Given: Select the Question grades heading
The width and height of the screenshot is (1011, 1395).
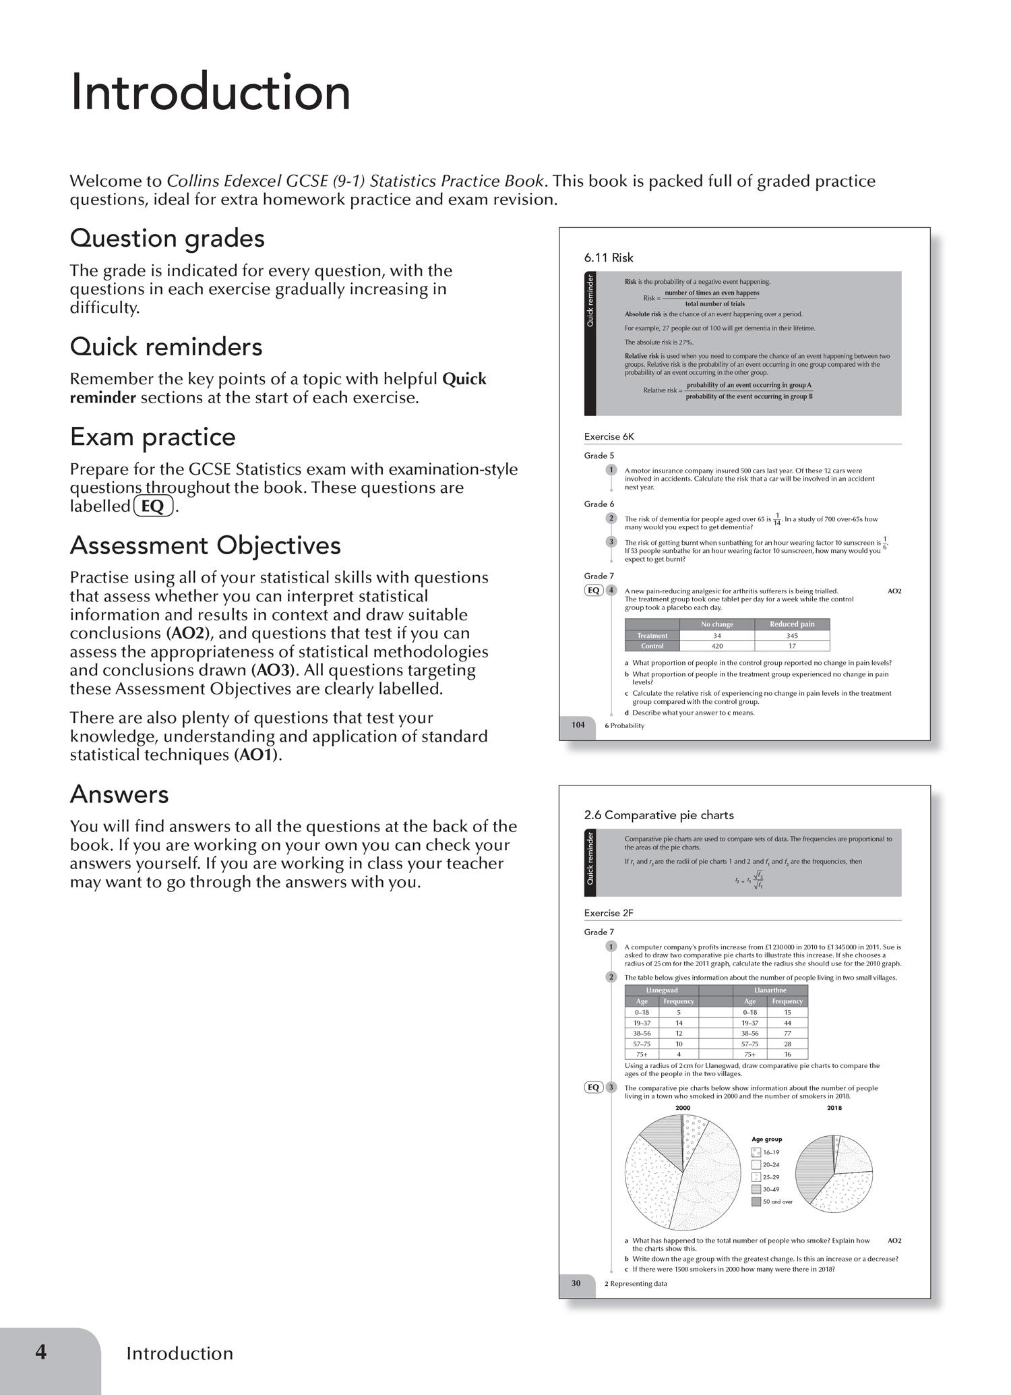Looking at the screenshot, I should pyautogui.click(x=167, y=238).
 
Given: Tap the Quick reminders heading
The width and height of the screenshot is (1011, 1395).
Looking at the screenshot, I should pyautogui.click(x=166, y=347).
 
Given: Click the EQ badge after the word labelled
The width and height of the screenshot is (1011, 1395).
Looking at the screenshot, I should pyautogui.click(x=154, y=506).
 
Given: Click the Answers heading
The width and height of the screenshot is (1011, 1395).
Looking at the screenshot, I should pyautogui.click(x=119, y=794).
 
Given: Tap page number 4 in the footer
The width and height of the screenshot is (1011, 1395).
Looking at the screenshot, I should pyautogui.click(x=41, y=1352).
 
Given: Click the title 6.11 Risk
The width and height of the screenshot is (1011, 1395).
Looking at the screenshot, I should pyautogui.click(x=609, y=258).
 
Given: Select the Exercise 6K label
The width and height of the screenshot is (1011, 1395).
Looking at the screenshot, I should pyautogui.click(x=609, y=436).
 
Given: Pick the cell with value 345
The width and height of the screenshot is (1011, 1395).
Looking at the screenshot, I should pyautogui.click(x=792, y=635).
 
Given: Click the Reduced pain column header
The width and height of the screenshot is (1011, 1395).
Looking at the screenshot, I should pyautogui.click(x=792, y=624).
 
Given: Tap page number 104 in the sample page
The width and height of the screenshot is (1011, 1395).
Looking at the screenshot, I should pyautogui.click(x=578, y=725).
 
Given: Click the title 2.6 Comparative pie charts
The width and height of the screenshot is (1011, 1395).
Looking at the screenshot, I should pyautogui.click(x=658, y=814).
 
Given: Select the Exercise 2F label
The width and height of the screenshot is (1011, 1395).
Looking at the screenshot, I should pyautogui.click(x=609, y=913).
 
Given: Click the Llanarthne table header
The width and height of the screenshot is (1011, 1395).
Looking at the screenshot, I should pyautogui.click(x=770, y=990).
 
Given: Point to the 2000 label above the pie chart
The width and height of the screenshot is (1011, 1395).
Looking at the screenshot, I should pyautogui.click(x=682, y=1108).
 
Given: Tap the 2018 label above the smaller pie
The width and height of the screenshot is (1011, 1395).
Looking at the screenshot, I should pyautogui.click(x=834, y=1108).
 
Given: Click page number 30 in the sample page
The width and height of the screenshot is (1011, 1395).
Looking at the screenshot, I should pyautogui.click(x=576, y=1283).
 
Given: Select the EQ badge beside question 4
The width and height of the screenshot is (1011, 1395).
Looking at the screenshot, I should pyautogui.click(x=593, y=590).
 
